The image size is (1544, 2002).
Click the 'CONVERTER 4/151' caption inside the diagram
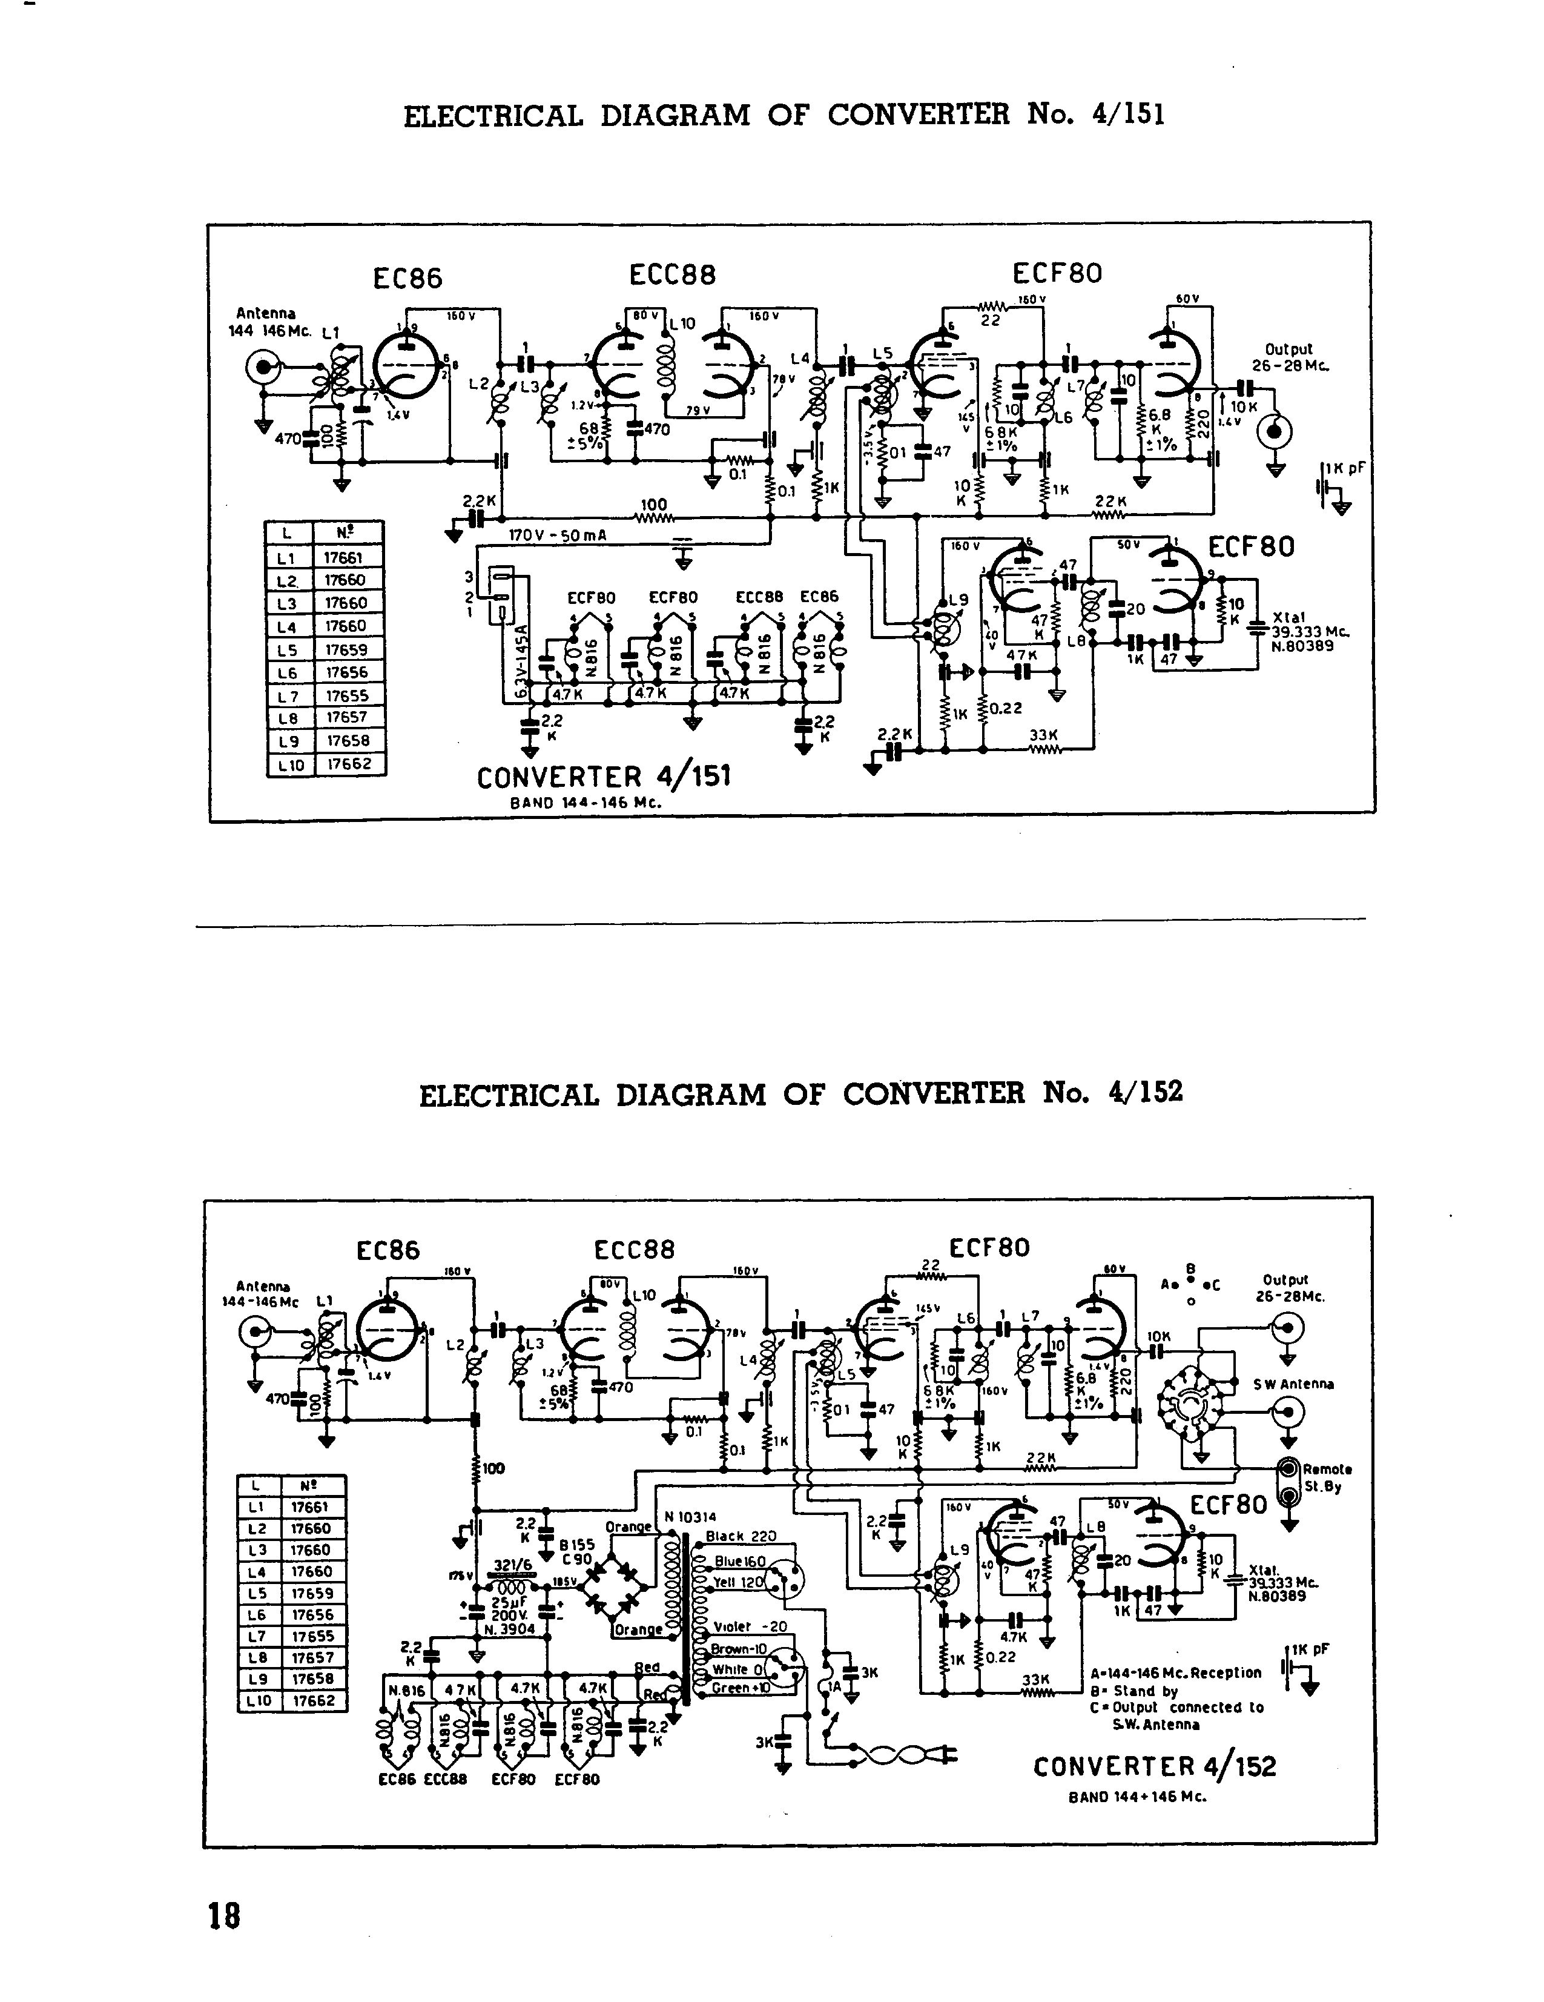point(604,777)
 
